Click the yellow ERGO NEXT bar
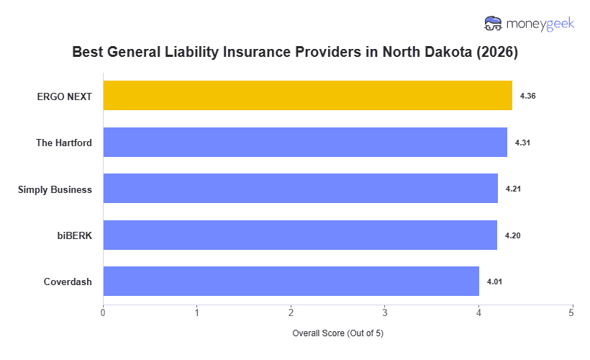(x=307, y=96)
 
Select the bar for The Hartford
(x=305, y=143)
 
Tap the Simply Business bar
(x=300, y=189)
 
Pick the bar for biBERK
(x=300, y=235)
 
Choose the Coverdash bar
(x=291, y=282)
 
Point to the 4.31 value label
(x=522, y=143)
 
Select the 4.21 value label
(x=513, y=189)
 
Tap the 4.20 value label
(x=512, y=235)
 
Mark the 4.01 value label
(x=494, y=282)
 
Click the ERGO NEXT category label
(x=65, y=96)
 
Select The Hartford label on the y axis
(x=64, y=143)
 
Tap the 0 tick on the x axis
(x=103, y=312)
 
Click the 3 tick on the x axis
(x=384, y=312)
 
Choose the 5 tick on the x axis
(x=571, y=312)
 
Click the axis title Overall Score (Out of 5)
(x=337, y=334)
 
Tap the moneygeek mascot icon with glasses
(x=493, y=24)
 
